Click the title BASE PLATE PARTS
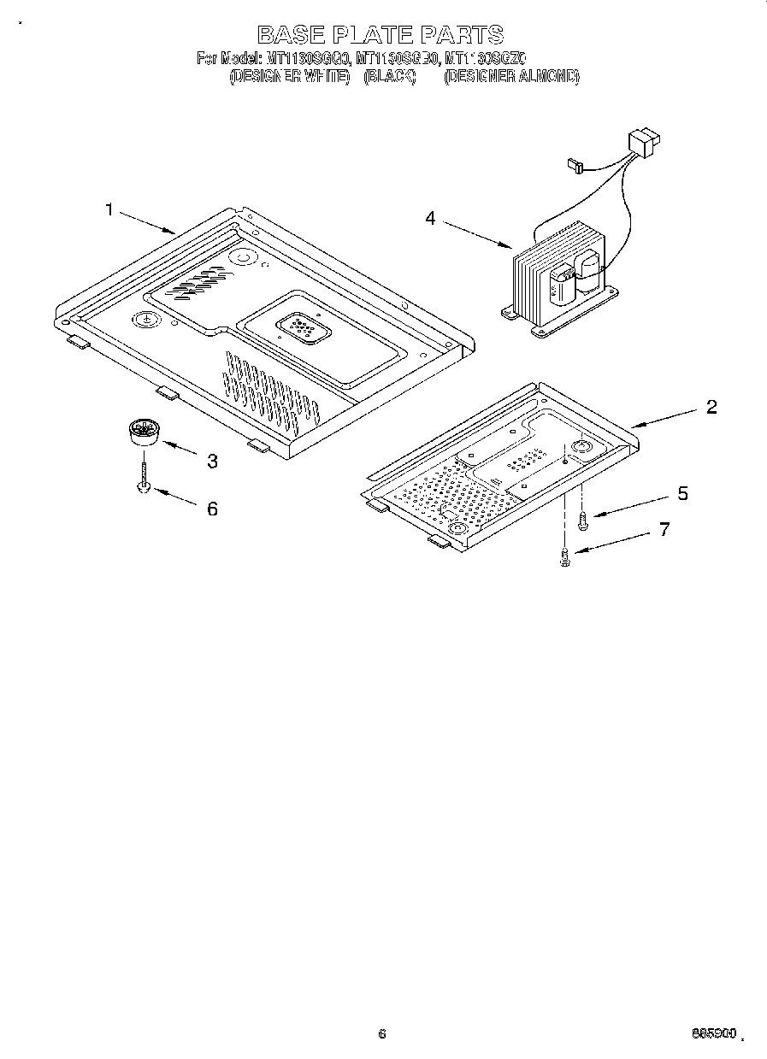click(x=381, y=34)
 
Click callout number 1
click(x=109, y=209)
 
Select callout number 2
click(x=711, y=407)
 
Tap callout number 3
click(x=211, y=462)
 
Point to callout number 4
click(x=430, y=219)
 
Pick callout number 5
click(x=682, y=493)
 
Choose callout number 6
click(x=211, y=509)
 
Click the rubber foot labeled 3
click(x=144, y=432)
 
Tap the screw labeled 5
click(x=582, y=519)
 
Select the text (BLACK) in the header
click(x=390, y=76)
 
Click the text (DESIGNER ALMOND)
click(x=511, y=76)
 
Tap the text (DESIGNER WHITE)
click(x=289, y=76)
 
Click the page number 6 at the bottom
click(x=382, y=1033)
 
